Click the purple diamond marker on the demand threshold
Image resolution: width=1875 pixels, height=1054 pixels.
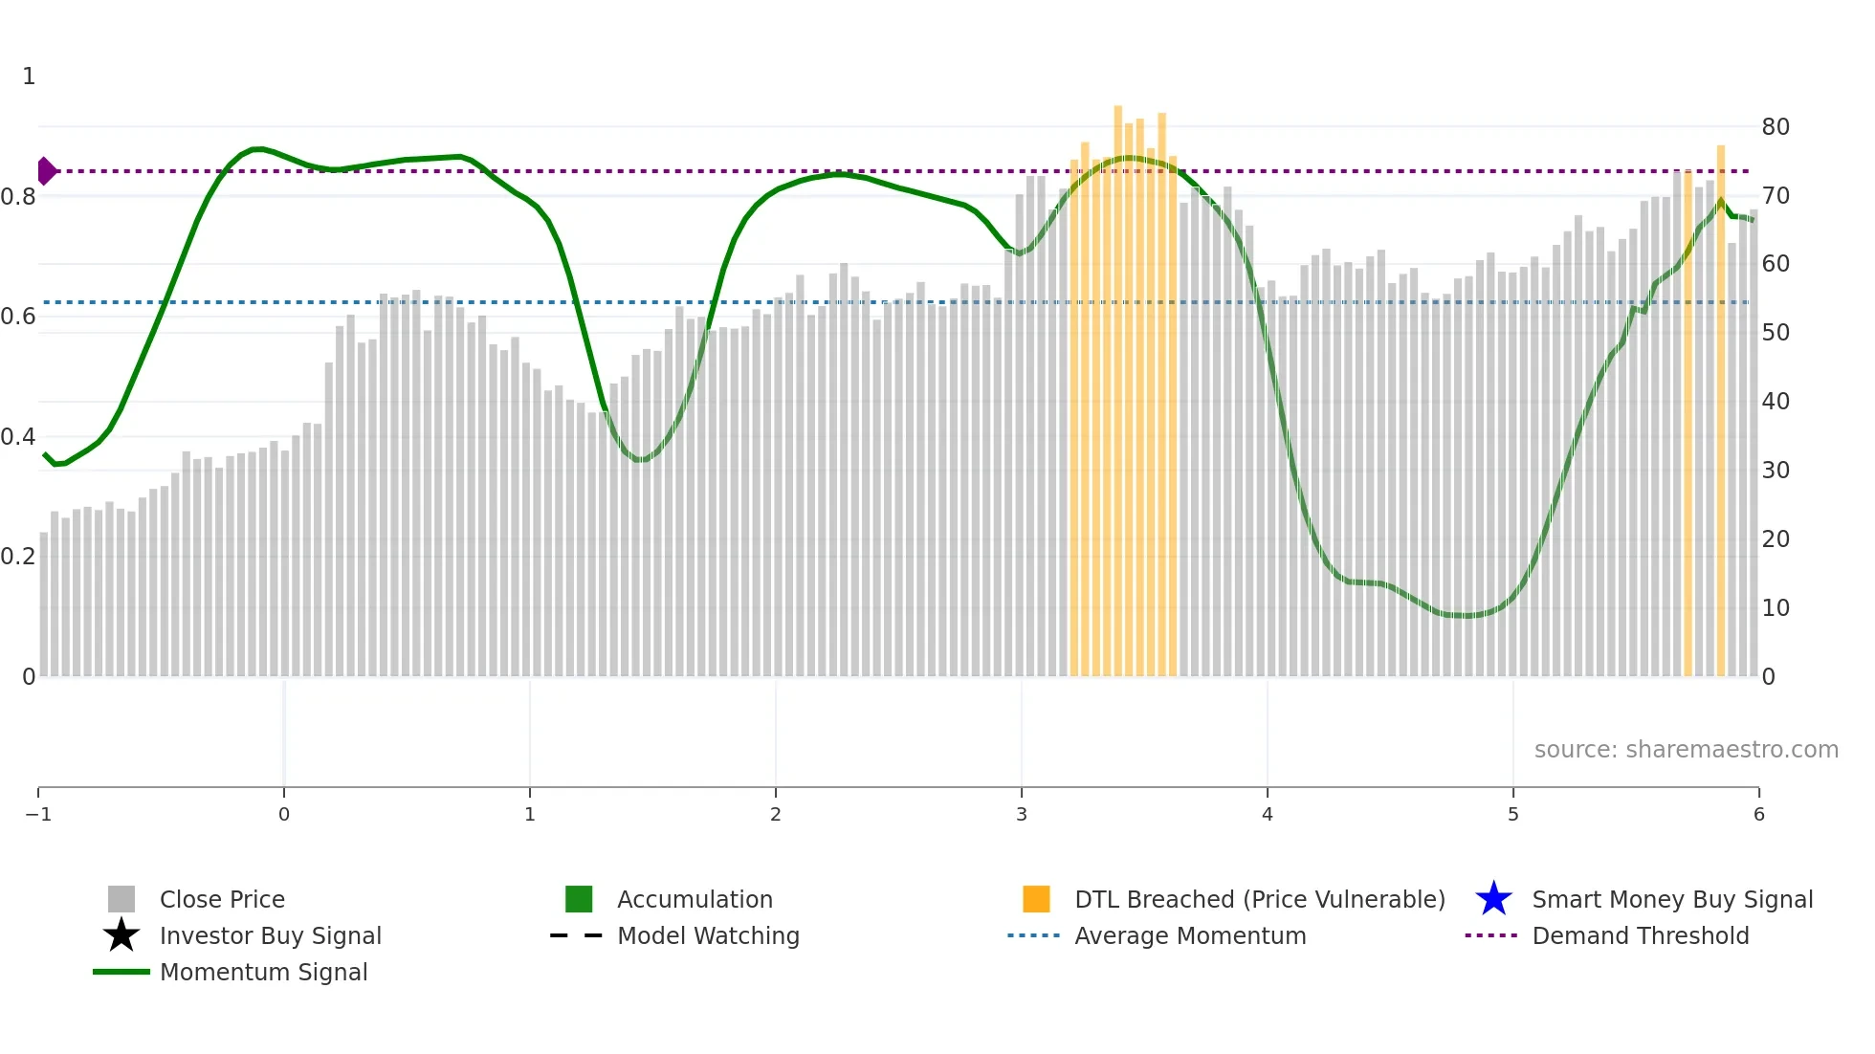click(x=46, y=171)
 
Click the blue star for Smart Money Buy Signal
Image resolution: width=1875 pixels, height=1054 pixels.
click(x=1493, y=899)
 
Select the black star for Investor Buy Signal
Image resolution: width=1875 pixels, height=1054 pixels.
click(x=121, y=935)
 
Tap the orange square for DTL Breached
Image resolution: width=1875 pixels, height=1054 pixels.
click(x=1036, y=899)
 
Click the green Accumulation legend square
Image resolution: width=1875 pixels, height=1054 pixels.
click(x=579, y=899)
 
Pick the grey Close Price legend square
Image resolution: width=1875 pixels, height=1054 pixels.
click(x=121, y=899)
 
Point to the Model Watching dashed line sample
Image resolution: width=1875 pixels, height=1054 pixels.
click(x=576, y=935)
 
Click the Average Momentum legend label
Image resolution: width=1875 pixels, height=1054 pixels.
click(x=1190, y=935)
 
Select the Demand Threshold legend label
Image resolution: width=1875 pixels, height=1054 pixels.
click(x=1640, y=935)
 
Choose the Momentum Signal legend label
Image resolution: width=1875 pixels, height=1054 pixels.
click(x=263, y=972)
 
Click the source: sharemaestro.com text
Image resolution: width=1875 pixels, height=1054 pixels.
click(x=1686, y=749)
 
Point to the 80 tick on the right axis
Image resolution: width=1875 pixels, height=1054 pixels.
click(x=1775, y=127)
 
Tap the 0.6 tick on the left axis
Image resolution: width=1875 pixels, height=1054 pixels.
click(x=17, y=317)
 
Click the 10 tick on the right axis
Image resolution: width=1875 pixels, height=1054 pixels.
click(x=1775, y=608)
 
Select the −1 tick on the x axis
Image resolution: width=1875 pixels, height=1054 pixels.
click(x=38, y=814)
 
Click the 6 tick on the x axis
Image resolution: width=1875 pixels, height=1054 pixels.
click(x=1758, y=814)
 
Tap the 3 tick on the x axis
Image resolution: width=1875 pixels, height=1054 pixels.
click(x=1021, y=814)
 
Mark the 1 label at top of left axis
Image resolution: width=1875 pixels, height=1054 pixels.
click(x=29, y=77)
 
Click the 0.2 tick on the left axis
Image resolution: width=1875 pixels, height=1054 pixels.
click(x=17, y=557)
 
